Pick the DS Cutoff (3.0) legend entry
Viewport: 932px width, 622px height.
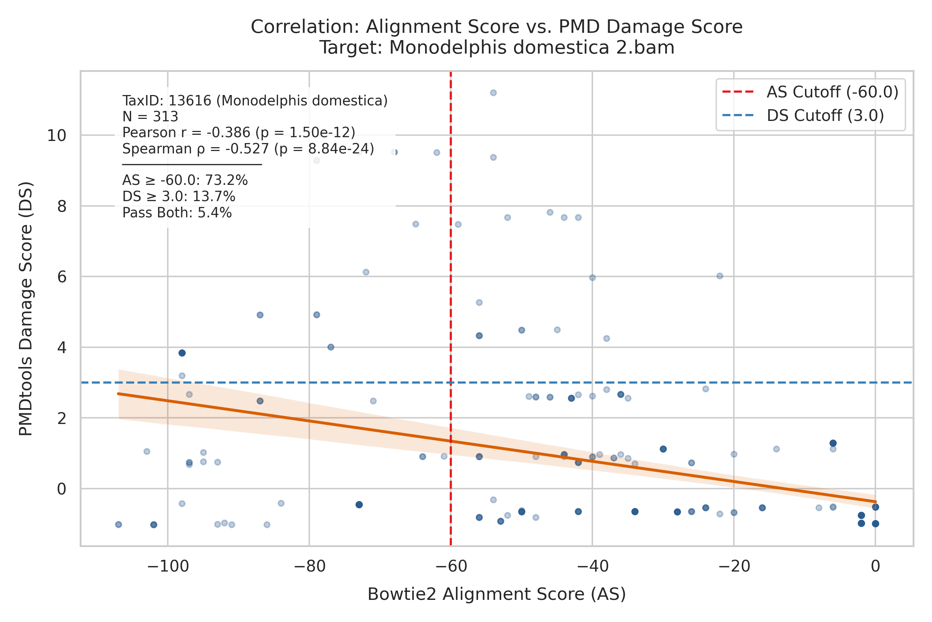coord(803,115)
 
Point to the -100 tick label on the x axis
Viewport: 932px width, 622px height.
coord(168,566)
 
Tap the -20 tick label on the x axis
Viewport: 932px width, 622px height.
coord(734,566)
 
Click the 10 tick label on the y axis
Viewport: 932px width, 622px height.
coord(57,136)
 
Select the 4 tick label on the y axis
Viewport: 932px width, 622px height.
coord(62,348)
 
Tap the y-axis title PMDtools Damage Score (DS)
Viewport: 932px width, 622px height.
coord(26,309)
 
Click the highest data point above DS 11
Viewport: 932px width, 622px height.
coord(493,93)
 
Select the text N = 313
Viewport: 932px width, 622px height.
coord(150,117)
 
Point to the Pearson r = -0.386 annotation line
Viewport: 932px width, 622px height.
coord(239,132)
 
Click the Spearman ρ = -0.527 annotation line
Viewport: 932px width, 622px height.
coord(248,149)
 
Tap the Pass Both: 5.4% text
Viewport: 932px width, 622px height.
coord(177,213)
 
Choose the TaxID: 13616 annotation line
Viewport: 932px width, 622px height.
coord(255,101)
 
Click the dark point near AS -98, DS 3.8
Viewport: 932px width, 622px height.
coord(182,353)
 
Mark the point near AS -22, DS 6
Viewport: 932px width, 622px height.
coord(720,276)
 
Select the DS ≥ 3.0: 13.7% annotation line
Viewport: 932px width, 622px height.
coord(179,197)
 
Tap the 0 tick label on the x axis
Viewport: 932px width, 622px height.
coord(875,566)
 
